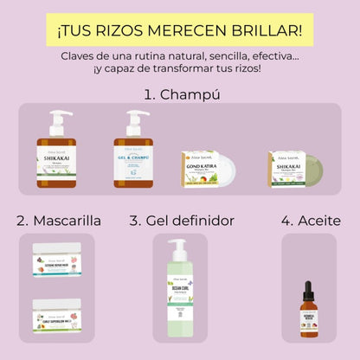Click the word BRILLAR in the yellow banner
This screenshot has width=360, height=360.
pyautogui.click(x=269, y=31)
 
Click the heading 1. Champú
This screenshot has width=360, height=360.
pyautogui.click(x=180, y=94)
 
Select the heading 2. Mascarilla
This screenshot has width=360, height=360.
pyautogui.click(x=58, y=221)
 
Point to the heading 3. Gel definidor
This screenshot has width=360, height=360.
pyautogui.click(x=181, y=221)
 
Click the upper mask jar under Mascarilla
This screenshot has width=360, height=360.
pyautogui.click(x=57, y=260)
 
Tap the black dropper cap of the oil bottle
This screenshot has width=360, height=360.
pyautogui.click(x=307, y=290)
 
